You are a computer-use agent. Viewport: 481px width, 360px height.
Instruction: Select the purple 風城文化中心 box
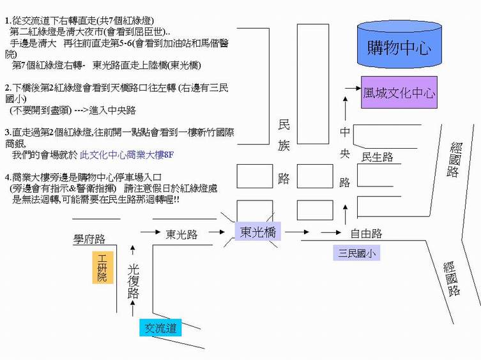[x=399, y=93]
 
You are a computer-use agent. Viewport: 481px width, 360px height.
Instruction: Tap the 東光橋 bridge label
[x=257, y=232]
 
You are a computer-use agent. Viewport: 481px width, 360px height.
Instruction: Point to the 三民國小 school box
[x=357, y=253]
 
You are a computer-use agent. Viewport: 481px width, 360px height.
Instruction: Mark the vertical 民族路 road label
[x=284, y=153]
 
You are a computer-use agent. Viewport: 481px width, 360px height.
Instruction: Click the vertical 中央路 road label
[x=345, y=157]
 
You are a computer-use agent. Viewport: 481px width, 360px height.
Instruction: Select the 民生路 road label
[x=378, y=157]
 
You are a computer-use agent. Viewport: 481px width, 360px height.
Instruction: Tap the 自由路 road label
[x=366, y=234]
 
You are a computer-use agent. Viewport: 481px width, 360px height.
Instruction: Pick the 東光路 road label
[x=181, y=234]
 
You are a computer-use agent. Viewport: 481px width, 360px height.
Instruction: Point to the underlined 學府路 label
[x=89, y=239]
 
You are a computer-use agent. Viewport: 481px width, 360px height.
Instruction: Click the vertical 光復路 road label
[x=133, y=281]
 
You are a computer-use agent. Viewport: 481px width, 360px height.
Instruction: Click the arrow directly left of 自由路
[x=332, y=233]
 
